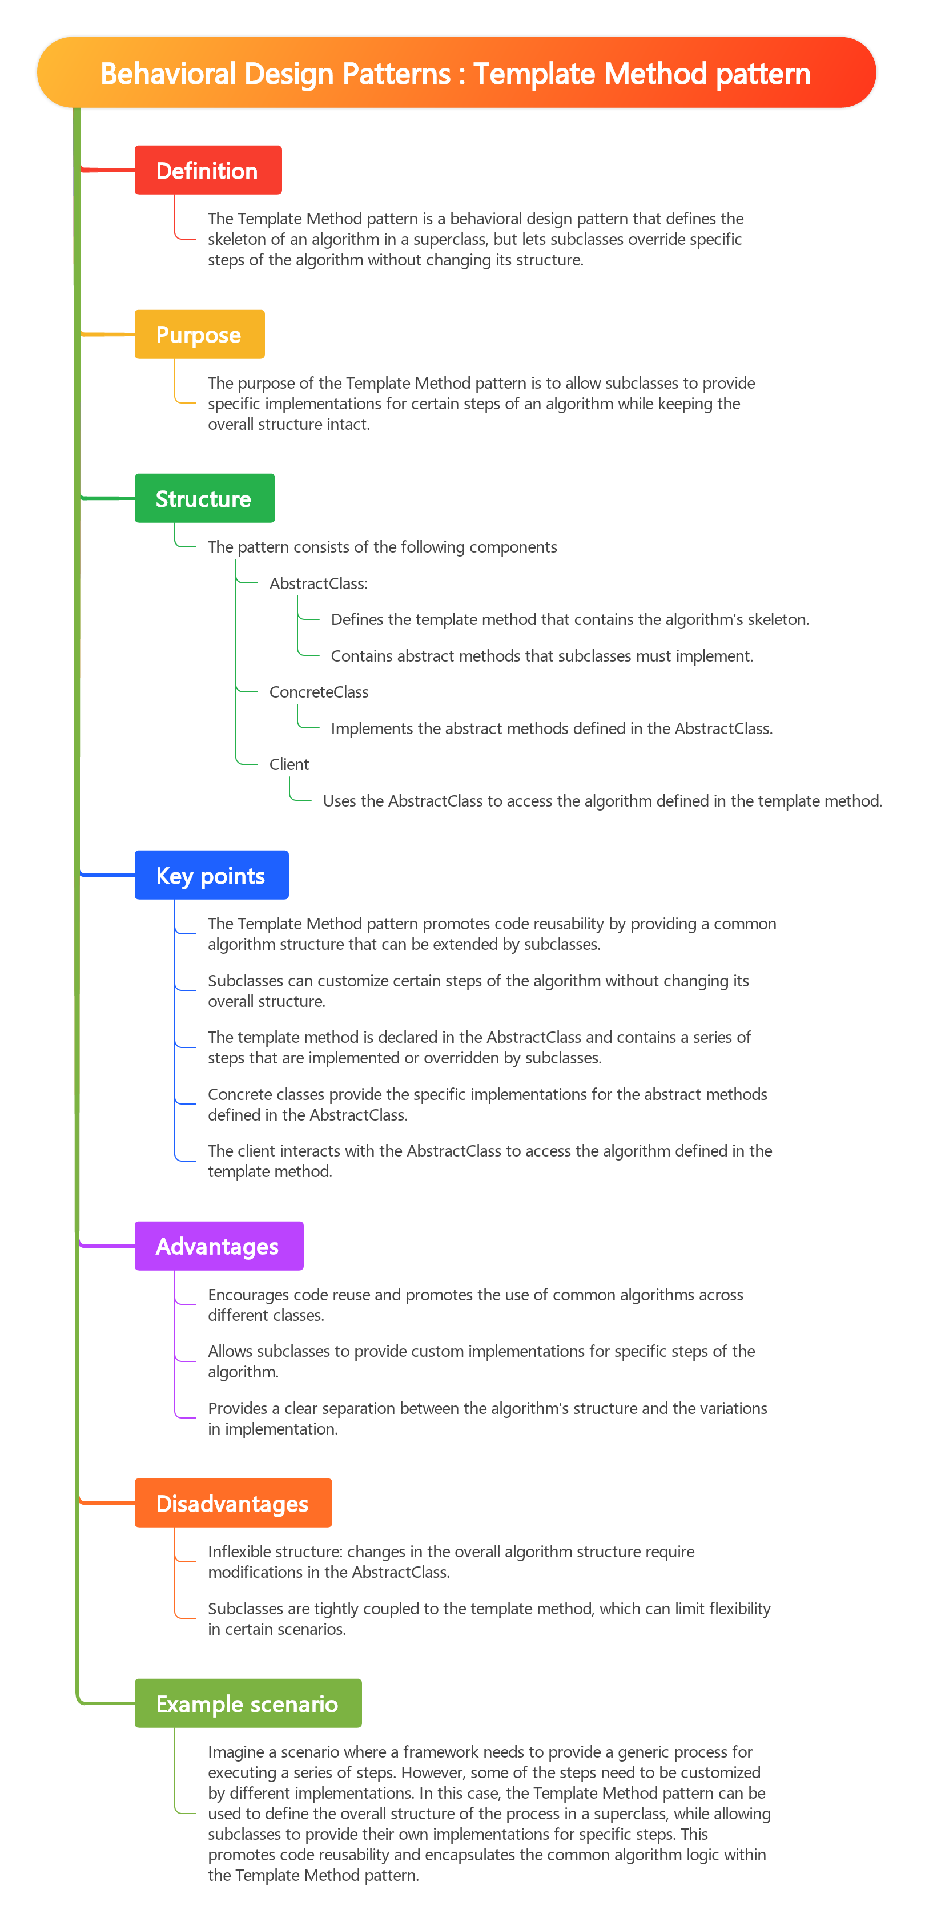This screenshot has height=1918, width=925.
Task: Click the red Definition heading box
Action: coord(208,170)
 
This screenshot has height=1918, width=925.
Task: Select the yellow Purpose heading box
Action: coord(200,335)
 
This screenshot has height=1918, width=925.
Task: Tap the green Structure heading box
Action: coord(205,498)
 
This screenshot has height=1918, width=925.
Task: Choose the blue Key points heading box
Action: coord(211,875)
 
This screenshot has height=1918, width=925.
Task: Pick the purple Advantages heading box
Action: coord(219,1246)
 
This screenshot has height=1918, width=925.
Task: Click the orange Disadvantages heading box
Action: coord(233,1502)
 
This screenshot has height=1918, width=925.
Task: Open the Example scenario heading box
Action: coord(248,1703)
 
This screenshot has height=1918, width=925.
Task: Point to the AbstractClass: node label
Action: coord(319,583)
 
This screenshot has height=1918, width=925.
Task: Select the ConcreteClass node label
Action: coord(319,692)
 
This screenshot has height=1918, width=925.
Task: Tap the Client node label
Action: coord(289,764)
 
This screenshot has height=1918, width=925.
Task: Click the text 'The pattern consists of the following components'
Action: coord(382,546)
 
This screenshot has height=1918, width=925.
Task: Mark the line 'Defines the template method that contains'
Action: coord(570,619)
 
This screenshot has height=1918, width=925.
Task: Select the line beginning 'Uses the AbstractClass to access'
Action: coord(602,800)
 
